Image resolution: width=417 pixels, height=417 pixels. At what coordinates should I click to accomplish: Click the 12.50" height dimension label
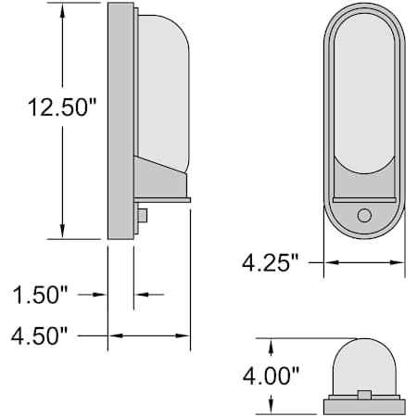pyautogui.click(x=62, y=107)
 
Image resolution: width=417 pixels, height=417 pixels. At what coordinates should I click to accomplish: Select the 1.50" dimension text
pyautogui.click(x=40, y=295)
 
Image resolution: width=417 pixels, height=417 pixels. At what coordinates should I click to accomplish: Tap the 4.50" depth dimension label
pyautogui.click(x=39, y=335)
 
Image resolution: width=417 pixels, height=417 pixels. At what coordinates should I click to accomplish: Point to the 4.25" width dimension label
pyautogui.click(x=271, y=263)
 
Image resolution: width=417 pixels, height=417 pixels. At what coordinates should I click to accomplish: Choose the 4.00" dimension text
pyautogui.click(x=271, y=376)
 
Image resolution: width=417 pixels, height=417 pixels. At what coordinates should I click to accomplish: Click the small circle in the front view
pyautogui.click(x=364, y=215)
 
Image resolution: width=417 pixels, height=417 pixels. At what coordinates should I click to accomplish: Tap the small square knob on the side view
pyautogui.click(x=143, y=216)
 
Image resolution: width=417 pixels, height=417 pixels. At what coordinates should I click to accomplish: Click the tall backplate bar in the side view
pyautogui.click(x=120, y=120)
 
